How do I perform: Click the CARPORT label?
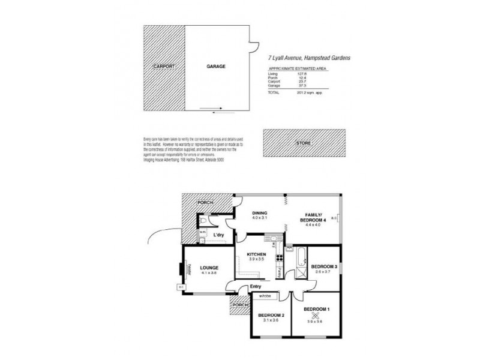click(x=163, y=66)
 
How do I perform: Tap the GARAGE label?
click(x=216, y=66)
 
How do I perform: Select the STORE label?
click(x=304, y=144)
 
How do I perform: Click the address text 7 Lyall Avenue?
click(x=287, y=58)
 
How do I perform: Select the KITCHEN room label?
click(x=256, y=254)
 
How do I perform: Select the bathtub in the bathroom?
click(x=297, y=259)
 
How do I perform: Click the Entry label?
click(x=256, y=286)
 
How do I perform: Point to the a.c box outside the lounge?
click(x=181, y=287)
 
